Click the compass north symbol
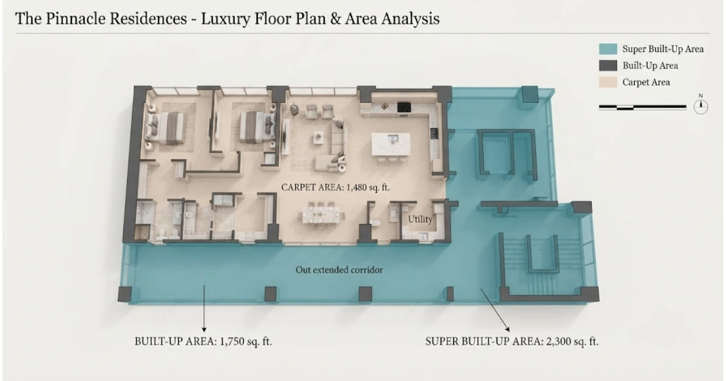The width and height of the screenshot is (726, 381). (x=701, y=106)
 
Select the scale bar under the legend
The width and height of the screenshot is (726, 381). (x=643, y=107)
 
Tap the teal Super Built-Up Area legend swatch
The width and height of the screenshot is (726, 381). (x=607, y=49)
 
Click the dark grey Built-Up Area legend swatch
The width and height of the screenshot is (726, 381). (x=607, y=65)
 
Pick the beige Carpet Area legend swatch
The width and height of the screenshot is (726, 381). (x=607, y=82)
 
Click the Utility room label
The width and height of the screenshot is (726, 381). (x=420, y=220)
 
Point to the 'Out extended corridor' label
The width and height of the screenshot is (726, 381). (x=339, y=270)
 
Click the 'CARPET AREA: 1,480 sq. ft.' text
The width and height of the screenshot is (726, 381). (x=335, y=187)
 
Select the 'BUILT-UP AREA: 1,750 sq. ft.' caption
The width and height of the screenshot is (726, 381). (x=203, y=342)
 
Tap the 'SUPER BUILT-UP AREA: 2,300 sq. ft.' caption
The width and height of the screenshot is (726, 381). (x=512, y=342)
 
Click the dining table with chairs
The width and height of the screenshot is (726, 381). (x=321, y=214)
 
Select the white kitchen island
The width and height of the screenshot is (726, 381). (x=391, y=144)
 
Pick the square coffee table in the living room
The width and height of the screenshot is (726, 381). (x=318, y=137)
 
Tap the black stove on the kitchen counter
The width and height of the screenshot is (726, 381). (x=404, y=107)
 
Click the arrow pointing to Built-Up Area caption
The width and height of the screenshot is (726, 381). (x=204, y=308)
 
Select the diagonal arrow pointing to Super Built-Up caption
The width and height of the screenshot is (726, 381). (x=495, y=310)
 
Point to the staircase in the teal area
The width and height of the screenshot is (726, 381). (x=544, y=265)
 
